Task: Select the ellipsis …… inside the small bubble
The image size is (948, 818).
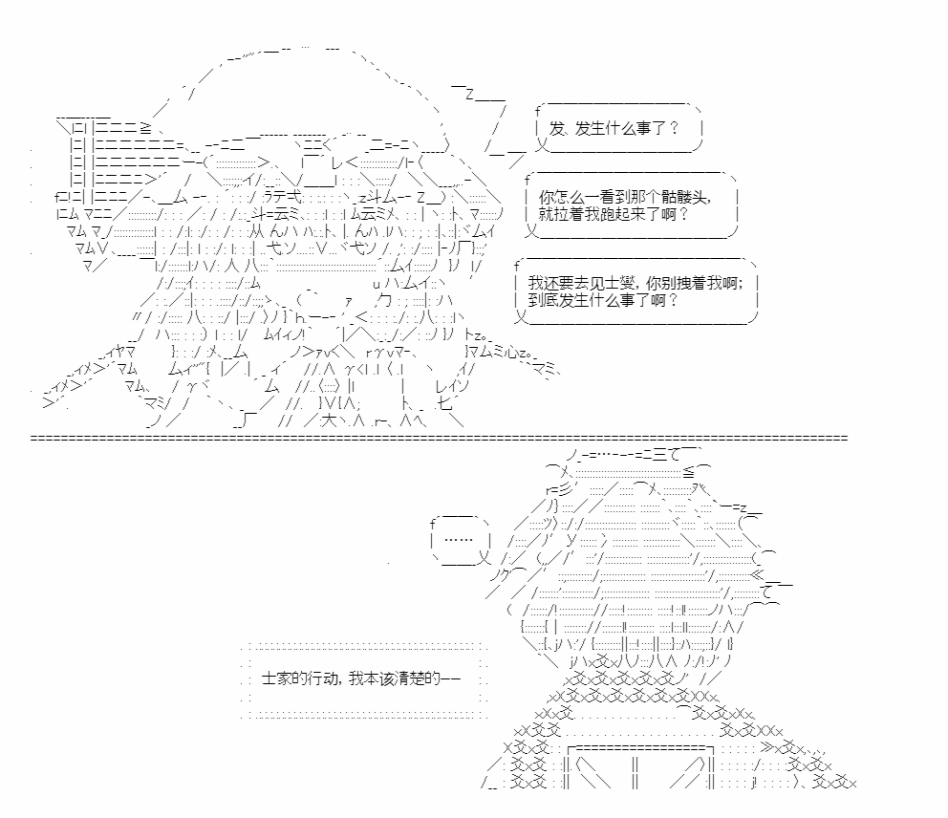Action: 459,539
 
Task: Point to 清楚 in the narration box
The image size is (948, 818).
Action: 411,678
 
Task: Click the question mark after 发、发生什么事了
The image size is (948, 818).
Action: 674,128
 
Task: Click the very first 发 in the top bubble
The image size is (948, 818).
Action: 556,128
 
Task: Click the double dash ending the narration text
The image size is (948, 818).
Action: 451,678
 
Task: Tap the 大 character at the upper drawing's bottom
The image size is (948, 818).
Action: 329,420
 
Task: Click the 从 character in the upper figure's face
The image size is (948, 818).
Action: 257,230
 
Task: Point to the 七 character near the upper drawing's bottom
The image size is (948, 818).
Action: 443,403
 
